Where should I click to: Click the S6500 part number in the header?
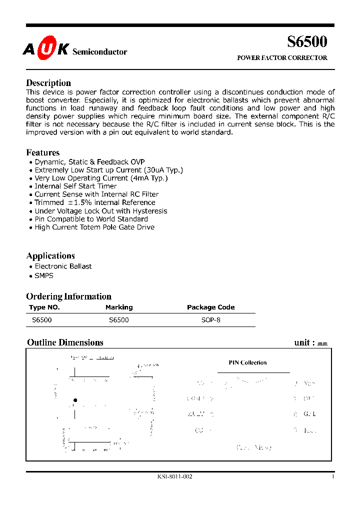307,41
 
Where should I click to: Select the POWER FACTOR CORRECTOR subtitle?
282,58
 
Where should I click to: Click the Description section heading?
48,83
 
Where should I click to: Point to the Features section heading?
42,152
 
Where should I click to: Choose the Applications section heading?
50,256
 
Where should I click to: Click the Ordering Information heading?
68,296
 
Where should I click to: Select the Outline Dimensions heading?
65,342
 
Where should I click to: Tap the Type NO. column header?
44,307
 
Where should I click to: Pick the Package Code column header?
210,307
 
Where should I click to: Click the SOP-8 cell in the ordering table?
210,320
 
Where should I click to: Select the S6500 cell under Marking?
118,320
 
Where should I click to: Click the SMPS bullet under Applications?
44,275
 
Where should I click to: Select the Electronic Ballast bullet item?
63,266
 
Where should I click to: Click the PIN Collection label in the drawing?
247,363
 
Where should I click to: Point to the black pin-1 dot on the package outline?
75,400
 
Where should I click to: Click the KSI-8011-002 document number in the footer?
174,476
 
